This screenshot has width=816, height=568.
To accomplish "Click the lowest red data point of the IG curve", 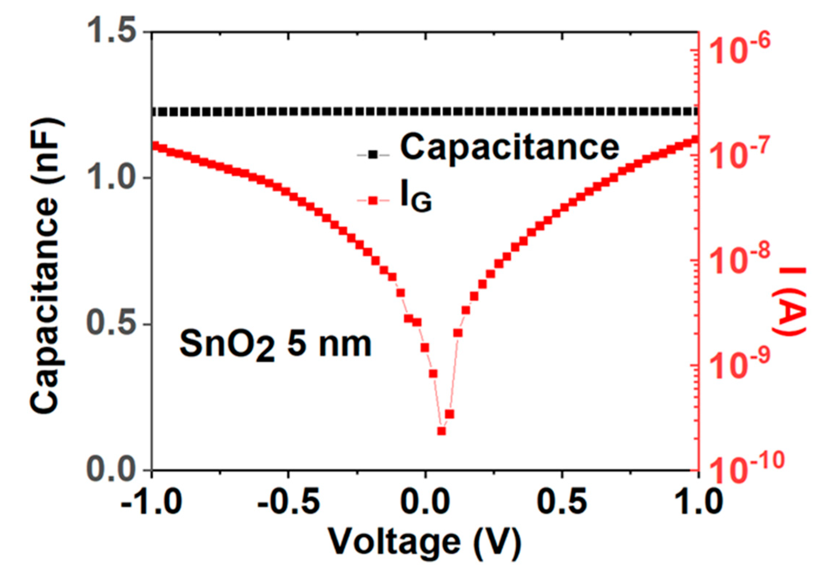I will pyautogui.click(x=441, y=431).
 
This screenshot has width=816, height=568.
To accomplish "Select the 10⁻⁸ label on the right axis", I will pyautogui.click(x=740, y=262).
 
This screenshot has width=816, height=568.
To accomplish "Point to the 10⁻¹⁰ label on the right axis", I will pyautogui.click(x=744, y=470).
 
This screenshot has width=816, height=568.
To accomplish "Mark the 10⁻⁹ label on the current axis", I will pyautogui.click(x=740, y=367).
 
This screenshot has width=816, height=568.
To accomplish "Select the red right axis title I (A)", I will pyautogui.click(x=792, y=301).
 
